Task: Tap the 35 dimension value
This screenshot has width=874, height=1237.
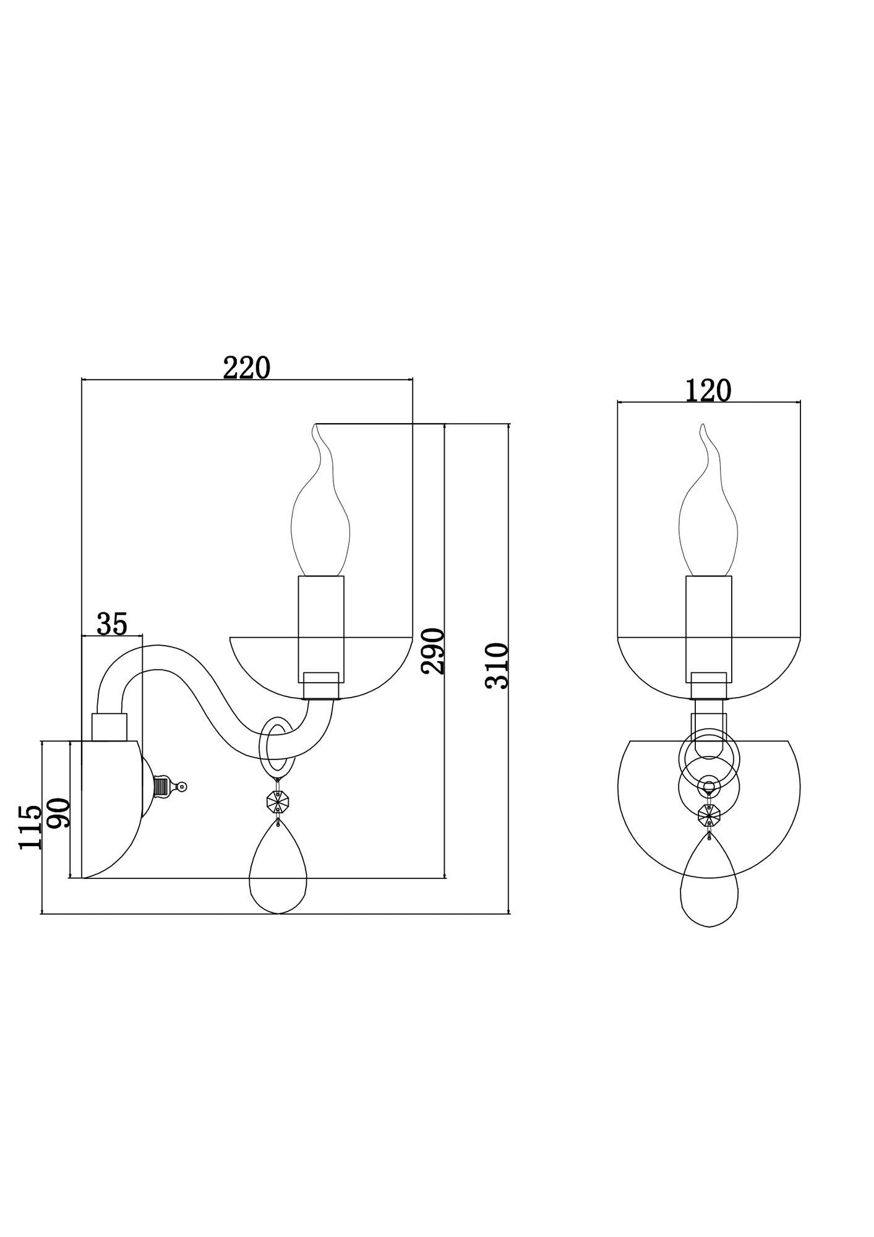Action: pyautogui.click(x=112, y=624)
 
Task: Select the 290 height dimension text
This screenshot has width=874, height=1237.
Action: pyautogui.click(x=433, y=651)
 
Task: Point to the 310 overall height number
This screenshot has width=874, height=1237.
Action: pyautogui.click(x=497, y=666)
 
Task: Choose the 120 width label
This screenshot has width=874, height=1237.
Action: pyautogui.click(x=708, y=390)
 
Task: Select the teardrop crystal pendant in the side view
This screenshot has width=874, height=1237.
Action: pyautogui.click(x=278, y=875)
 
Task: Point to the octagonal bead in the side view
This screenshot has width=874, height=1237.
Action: pyautogui.click(x=277, y=803)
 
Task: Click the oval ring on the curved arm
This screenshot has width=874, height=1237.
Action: pyautogui.click(x=275, y=747)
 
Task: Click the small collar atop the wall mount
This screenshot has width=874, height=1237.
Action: pyautogui.click(x=109, y=727)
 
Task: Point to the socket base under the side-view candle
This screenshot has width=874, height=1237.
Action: pyautogui.click(x=321, y=685)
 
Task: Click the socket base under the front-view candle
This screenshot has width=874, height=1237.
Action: pyautogui.click(x=709, y=685)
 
